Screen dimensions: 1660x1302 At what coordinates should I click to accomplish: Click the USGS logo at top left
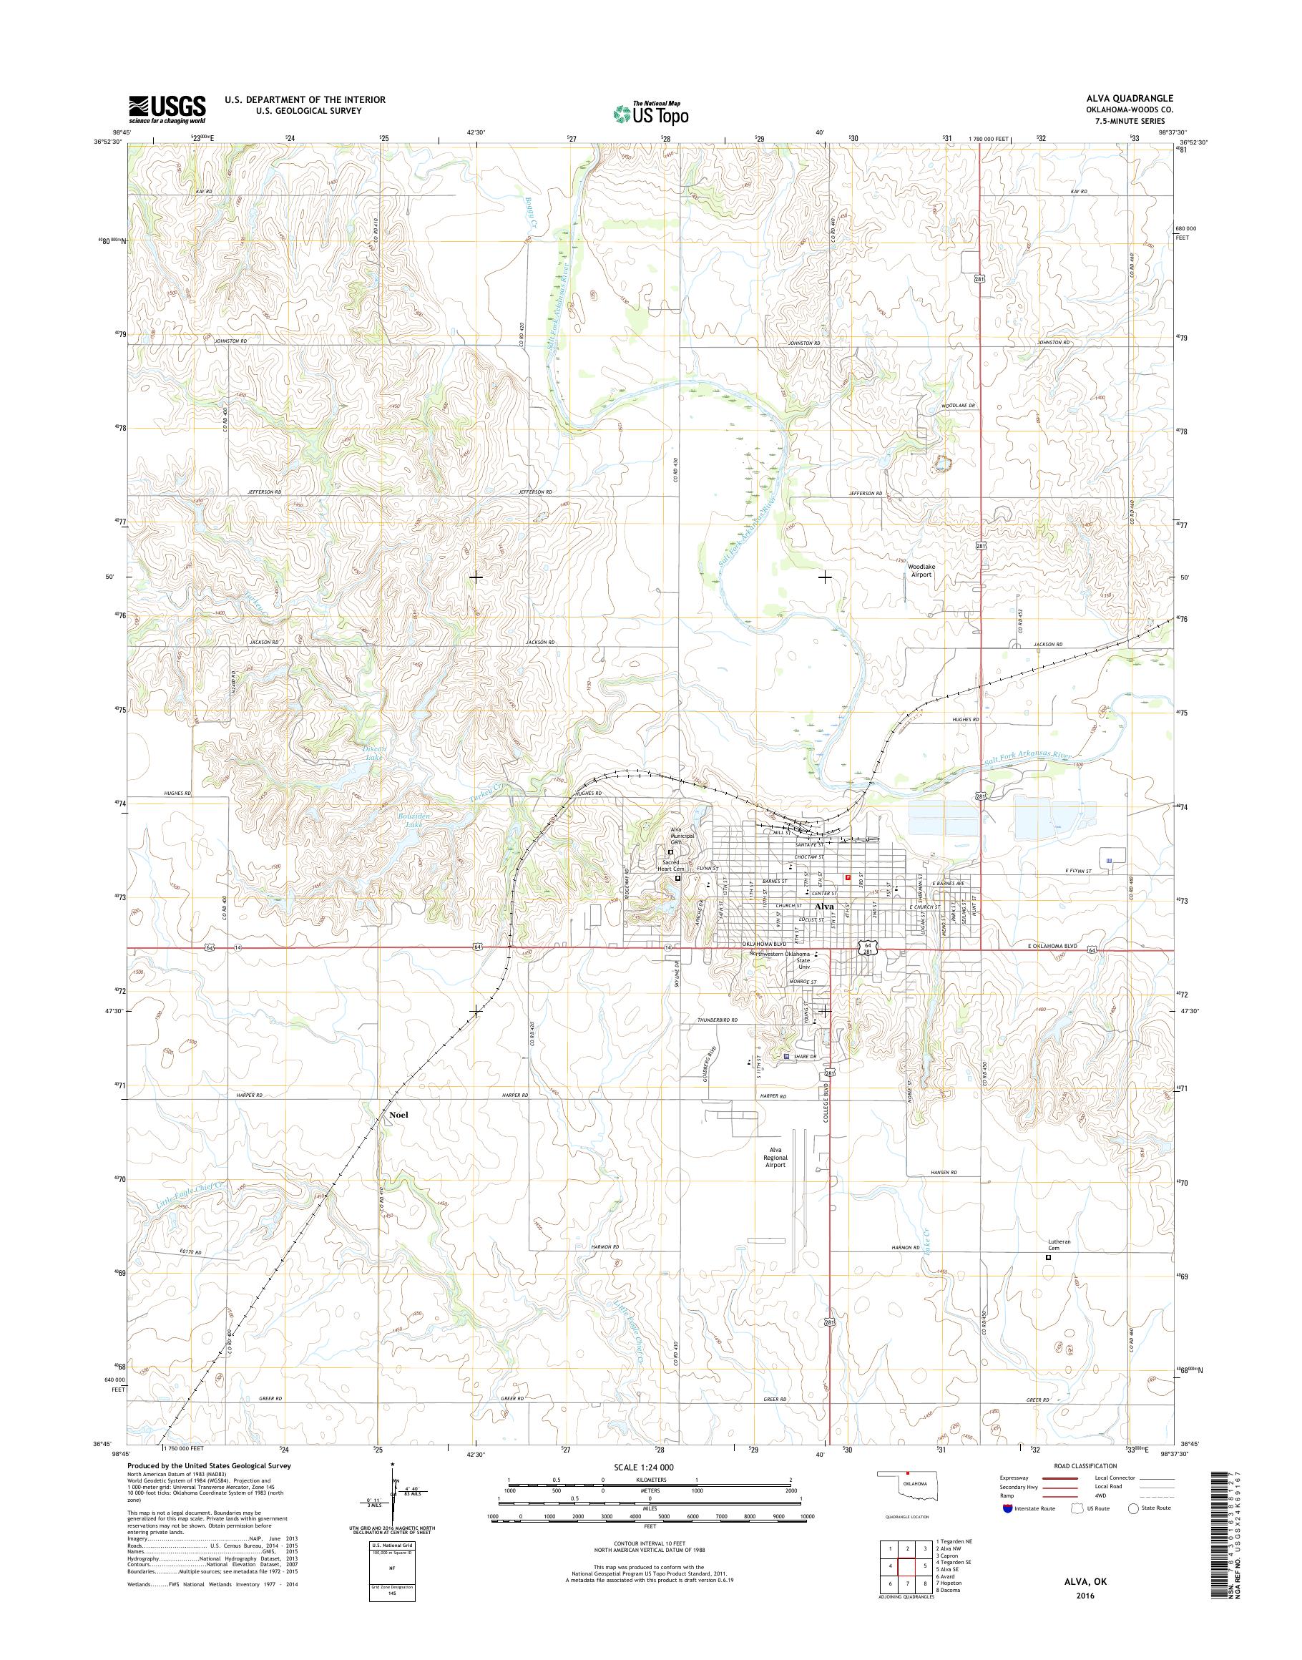point(167,109)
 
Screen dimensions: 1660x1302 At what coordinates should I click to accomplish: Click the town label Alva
point(824,907)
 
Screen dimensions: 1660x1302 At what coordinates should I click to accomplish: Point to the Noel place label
point(398,1115)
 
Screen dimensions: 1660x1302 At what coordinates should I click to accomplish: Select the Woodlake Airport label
point(921,570)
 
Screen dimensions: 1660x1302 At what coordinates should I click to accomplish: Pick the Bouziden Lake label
point(415,821)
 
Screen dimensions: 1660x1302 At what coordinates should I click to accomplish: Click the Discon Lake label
point(375,753)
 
